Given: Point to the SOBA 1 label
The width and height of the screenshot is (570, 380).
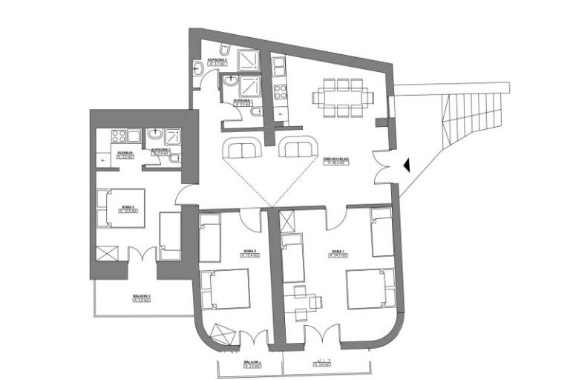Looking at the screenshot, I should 338,253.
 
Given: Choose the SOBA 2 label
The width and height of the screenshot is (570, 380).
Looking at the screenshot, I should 249,253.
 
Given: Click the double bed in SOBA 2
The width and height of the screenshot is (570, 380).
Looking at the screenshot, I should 226,289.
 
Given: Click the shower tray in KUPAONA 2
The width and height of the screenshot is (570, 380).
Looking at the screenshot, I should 249,58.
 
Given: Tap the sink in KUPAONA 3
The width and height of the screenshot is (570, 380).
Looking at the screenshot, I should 156,135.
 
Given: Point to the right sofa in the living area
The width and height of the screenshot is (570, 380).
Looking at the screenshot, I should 297,148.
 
